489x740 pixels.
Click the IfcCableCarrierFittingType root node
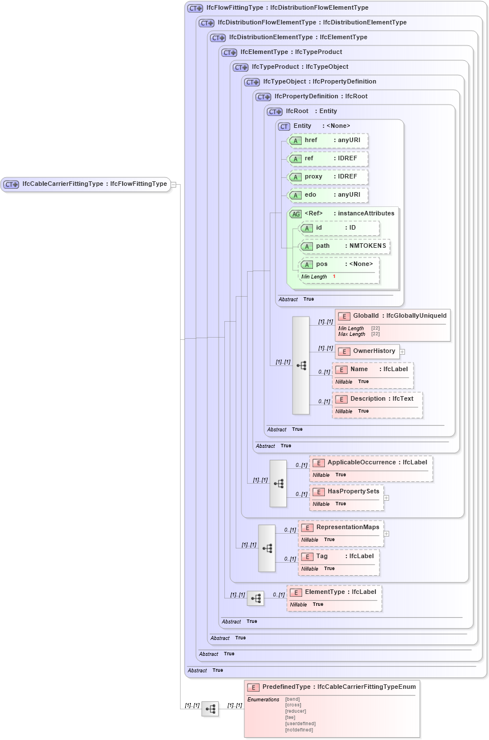pos(85,184)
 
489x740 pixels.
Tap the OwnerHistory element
pos(367,351)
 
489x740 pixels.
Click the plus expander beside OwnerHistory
pos(402,352)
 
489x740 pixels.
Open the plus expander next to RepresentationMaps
pos(386,534)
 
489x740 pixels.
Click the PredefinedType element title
pos(332,687)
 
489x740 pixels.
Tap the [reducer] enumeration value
pos(295,711)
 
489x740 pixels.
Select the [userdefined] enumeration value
pos(300,724)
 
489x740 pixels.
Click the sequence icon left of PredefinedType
pos(210,709)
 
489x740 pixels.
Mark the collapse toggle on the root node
pos(174,184)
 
